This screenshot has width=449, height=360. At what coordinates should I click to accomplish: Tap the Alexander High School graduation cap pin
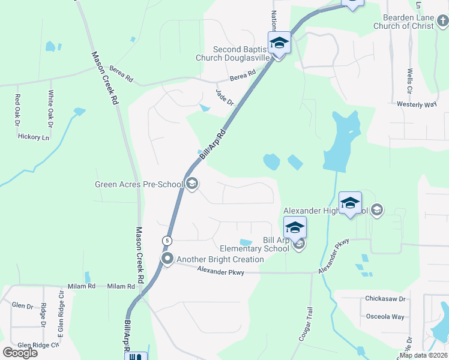pos(350,203)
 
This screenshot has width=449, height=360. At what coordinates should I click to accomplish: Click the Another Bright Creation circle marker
pos(167,259)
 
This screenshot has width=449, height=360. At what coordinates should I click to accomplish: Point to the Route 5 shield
pos(167,241)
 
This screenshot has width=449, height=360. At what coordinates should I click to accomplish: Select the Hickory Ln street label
pos(34,137)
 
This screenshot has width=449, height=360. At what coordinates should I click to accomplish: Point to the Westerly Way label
pos(416,104)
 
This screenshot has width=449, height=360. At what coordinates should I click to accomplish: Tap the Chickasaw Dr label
pos(385,298)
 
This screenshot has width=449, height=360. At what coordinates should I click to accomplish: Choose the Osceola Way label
pos(385,316)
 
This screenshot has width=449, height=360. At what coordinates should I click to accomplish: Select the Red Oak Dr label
pos(17,110)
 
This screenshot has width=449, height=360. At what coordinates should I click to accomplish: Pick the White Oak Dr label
pos(51,106)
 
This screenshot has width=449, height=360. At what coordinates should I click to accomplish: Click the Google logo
pos(20,352)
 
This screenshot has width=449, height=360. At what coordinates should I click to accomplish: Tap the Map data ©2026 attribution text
pos(423,355)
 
